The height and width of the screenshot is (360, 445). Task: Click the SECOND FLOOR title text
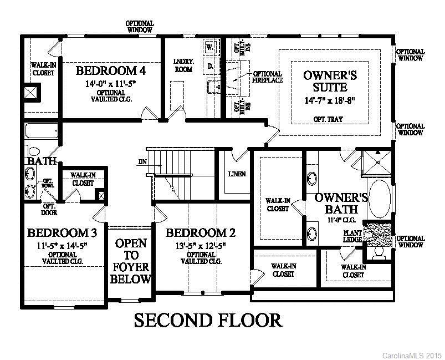click(x=208, y=320)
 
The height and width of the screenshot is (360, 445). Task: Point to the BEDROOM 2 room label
click(x=196, y=232)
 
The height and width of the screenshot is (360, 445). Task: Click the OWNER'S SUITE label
click(x=325, y=80)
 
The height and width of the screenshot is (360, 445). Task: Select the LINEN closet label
click(x=237, y=174)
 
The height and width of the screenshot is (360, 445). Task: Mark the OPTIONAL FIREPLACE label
click(x=268, y=77)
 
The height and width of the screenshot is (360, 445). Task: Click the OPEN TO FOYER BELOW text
click(x=131, y=261)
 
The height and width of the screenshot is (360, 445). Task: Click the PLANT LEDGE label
click(x=352, y=236)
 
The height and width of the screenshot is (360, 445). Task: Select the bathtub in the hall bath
click(x=42, y=132)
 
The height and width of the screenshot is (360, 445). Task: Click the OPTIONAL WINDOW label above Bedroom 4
click(x=140, y=27)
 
